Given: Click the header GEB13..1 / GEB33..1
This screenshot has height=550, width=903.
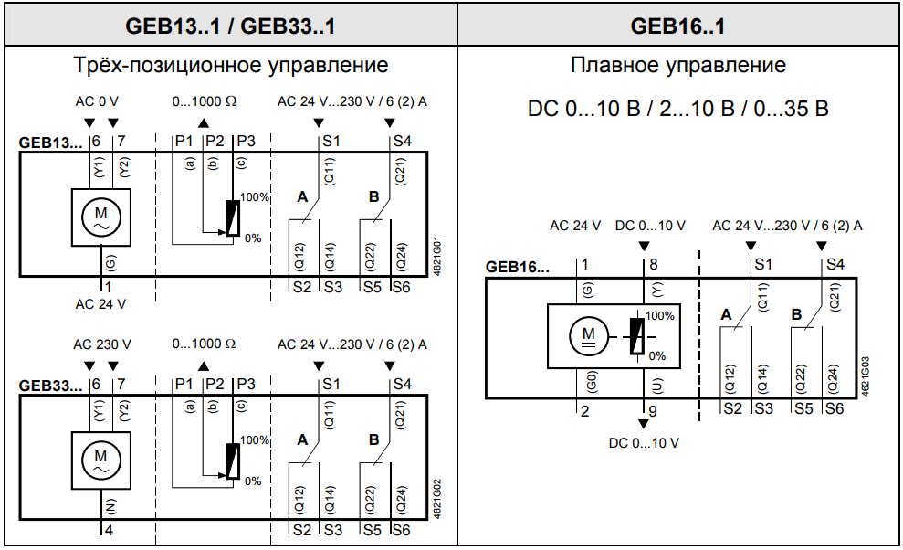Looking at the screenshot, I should coord(229,26).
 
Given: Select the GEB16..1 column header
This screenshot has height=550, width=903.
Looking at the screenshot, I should coord(677,26).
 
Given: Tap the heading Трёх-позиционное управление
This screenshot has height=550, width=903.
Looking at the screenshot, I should coord(230,66).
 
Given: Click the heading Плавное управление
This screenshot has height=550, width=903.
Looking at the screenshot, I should coord(677,66).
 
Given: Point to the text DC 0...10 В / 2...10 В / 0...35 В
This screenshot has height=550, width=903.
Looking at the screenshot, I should coord(677,109).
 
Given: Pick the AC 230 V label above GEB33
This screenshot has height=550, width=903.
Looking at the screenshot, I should coord(101,344).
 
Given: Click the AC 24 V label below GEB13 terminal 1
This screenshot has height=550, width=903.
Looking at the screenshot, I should coord(100,303).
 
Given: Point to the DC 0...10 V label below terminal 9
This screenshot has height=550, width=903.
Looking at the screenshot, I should coord(644,443).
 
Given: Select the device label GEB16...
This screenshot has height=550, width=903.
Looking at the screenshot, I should coord(518,268).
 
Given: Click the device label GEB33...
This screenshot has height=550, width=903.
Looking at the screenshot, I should coord(52,386).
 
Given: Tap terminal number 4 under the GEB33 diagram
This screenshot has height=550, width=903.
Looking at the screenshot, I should coord(108,529).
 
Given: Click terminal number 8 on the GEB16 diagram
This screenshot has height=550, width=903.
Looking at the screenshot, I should coord(653,265).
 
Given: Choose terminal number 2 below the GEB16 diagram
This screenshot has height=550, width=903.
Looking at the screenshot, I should coord(585,410).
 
